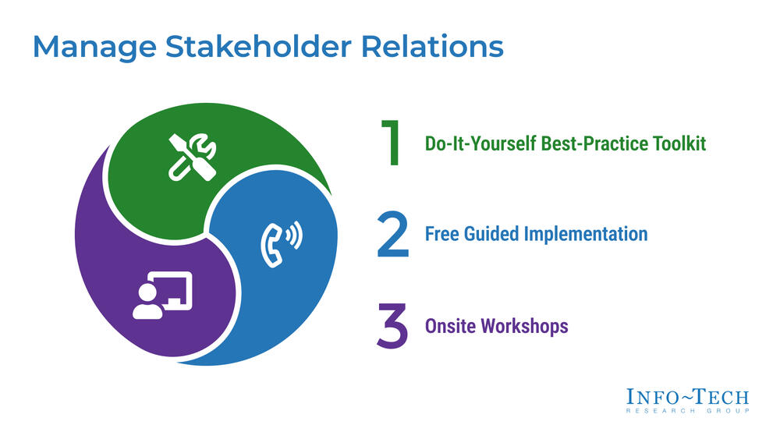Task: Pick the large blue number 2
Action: pos(392,234)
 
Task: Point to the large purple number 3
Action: pos(392,327)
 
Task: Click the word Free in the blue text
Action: pos(441,234)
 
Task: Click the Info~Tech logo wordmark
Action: pos(687,396)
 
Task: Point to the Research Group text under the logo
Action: pos(687,412)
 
